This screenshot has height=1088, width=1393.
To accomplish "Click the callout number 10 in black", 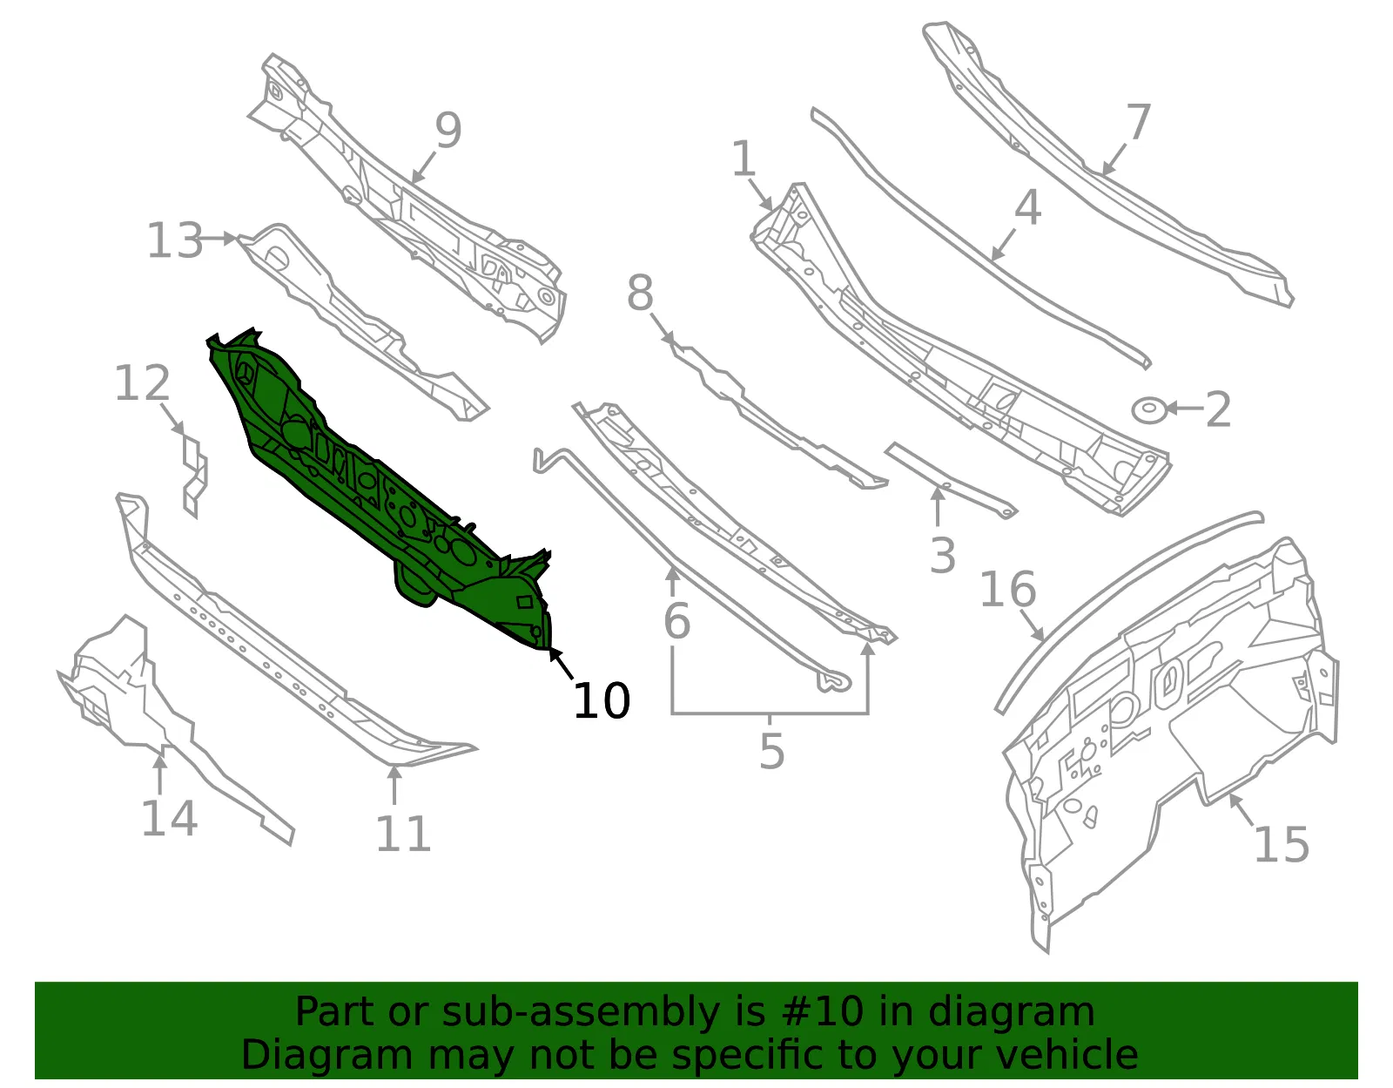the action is pos(602,700).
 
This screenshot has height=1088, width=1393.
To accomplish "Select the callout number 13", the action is pos(175,240).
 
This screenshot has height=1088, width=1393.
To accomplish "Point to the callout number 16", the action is pos(1007,589).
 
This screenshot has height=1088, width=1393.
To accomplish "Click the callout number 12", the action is pos(142,382).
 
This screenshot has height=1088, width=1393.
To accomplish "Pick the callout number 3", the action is pos(942,555).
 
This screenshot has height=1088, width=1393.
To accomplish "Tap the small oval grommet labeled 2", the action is pos(1148,410).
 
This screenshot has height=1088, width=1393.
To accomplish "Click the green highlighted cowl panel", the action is pos(378,487).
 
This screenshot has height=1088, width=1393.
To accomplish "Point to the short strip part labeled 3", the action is pos(951,480).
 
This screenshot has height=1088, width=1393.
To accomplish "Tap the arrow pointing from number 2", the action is pos(1184,408).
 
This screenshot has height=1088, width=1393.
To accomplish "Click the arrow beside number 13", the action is pos(218,239).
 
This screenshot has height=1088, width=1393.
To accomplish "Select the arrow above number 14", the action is pos(159,774).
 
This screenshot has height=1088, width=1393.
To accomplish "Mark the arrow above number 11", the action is pos(394,785).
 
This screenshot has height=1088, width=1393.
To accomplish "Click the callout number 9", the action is pos(448,130).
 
